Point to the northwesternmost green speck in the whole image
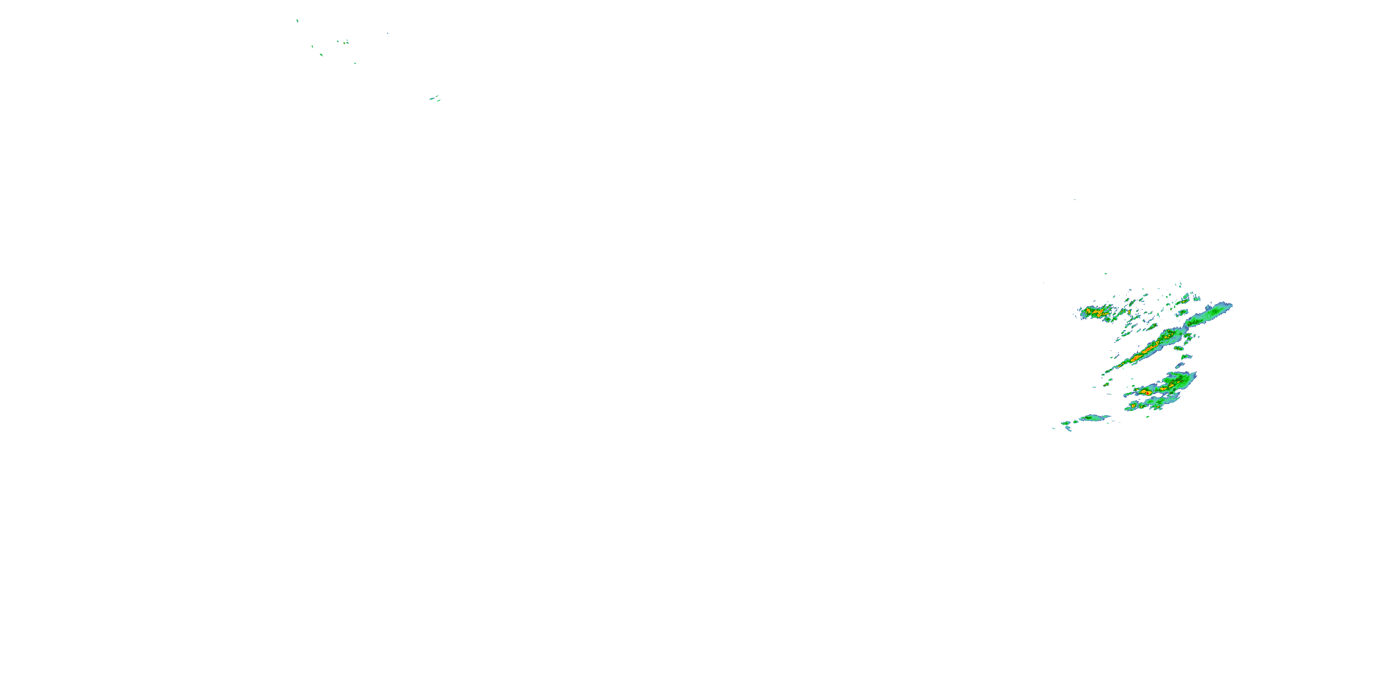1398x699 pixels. point(297,21)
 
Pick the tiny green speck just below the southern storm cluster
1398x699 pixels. point(1148,417)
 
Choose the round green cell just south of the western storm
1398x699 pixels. point(1108,319)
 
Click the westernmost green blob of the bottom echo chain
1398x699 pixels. point(1066,423)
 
